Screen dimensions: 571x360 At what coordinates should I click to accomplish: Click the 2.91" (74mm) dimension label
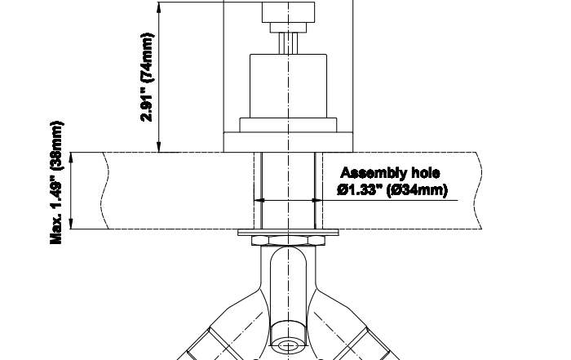147,78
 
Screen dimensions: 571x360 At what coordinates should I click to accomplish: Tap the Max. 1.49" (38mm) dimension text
56,183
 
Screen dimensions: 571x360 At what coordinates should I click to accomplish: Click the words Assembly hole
390,173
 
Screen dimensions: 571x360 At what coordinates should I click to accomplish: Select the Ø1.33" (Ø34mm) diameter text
392,190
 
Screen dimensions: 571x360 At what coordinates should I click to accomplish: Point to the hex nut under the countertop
288,241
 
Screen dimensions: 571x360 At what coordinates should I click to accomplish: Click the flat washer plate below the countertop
288,232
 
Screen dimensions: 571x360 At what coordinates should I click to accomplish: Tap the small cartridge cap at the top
289,12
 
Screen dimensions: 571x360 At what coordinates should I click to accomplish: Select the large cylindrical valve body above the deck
288,86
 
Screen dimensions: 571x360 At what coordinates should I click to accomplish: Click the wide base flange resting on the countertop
288,142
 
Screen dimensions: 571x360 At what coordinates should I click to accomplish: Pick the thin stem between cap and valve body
289,43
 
